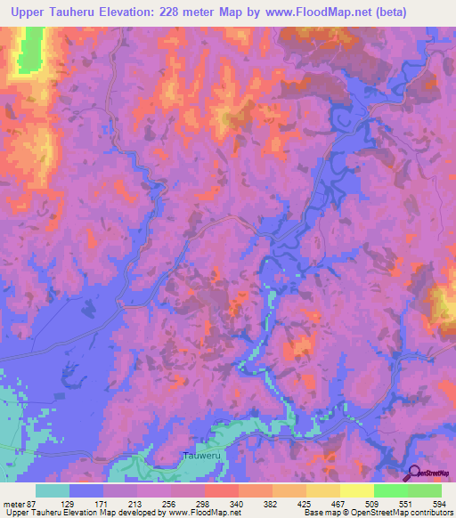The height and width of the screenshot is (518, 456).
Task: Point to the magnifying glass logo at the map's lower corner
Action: coord(415,473)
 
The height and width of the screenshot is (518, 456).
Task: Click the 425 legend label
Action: coord(305,503)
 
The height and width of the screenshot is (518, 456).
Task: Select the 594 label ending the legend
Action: coord(432,503)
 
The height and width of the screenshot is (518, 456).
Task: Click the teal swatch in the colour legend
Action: coord(53,490)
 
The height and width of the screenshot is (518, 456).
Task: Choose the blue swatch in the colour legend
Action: coord(86,490)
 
